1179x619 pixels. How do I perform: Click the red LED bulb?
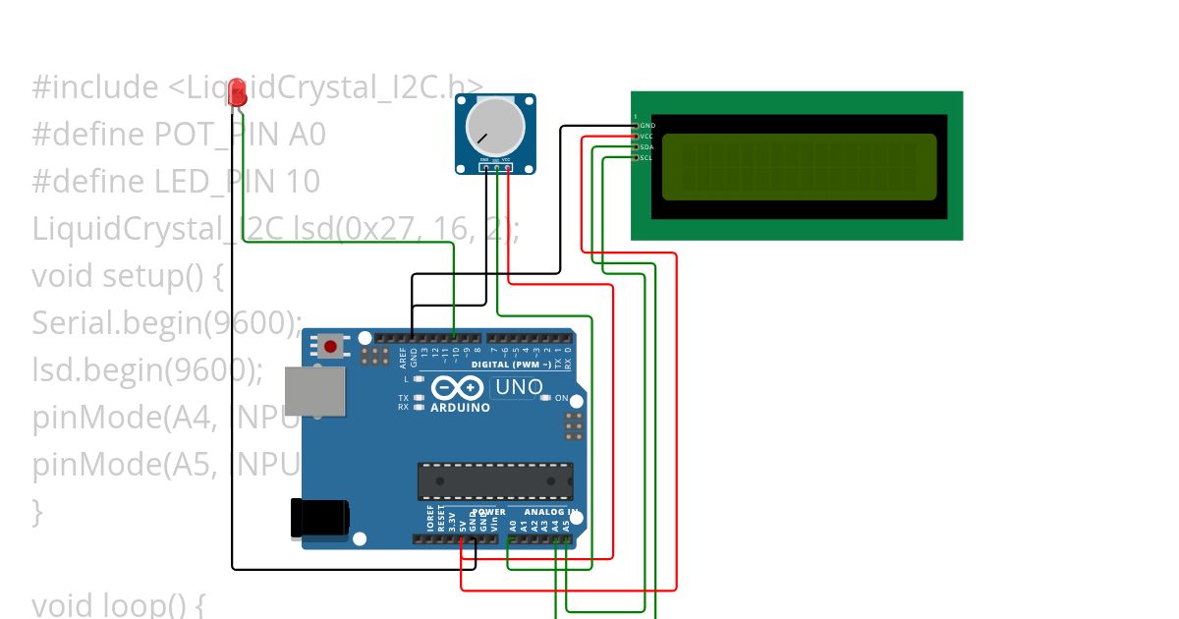[x=237, y=93]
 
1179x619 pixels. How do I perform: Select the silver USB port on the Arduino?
[x=314, y=391]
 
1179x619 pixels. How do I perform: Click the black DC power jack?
[x=319, y=518]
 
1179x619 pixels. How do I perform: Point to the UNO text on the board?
[x=519, y=387]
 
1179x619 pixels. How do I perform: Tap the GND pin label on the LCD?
[x=646, y=126]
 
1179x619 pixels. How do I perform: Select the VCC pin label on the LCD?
[x=646, y=137]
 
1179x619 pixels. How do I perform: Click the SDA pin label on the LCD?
[x=646, y=147]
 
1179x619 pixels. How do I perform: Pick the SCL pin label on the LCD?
[x=646, y=157]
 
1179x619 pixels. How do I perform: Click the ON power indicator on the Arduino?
[x=561, y=398]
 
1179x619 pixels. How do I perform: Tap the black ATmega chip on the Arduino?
[x=495, y=479]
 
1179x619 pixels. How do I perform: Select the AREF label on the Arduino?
[x=403, y=357]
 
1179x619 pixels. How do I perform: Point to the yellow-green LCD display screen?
[x=800, y=164]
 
